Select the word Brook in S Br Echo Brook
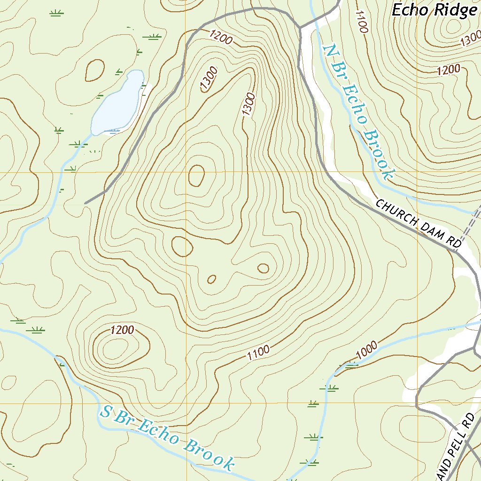tap(209, 453)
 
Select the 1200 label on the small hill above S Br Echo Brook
tap(123, 330)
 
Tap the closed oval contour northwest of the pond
tap(95, 70)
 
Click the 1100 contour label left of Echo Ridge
tap(361, 22)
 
